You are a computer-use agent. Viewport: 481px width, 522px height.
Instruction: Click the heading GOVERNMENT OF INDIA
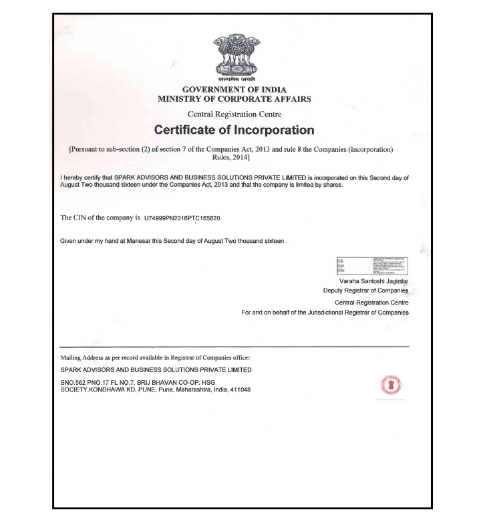(234, 89)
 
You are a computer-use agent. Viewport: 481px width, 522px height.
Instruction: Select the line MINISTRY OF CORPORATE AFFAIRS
(234, 99)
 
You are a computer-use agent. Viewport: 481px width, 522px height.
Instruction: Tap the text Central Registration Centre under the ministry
(234, 114)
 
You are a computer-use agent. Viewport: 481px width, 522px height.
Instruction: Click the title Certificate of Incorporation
(234, 129)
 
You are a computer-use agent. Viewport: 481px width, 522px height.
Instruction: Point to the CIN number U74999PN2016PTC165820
(182, 218)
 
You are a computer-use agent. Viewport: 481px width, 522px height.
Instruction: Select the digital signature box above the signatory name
(370, 266)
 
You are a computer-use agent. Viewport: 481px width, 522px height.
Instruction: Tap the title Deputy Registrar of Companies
(365, 291)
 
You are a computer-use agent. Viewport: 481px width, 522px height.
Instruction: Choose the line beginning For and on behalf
(325, 313)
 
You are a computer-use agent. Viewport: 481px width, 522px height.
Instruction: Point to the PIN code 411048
(239, 390)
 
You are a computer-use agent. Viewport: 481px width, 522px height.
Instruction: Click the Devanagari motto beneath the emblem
(234, 80)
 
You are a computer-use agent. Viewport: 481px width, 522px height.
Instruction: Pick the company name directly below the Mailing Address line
(156, 369)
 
